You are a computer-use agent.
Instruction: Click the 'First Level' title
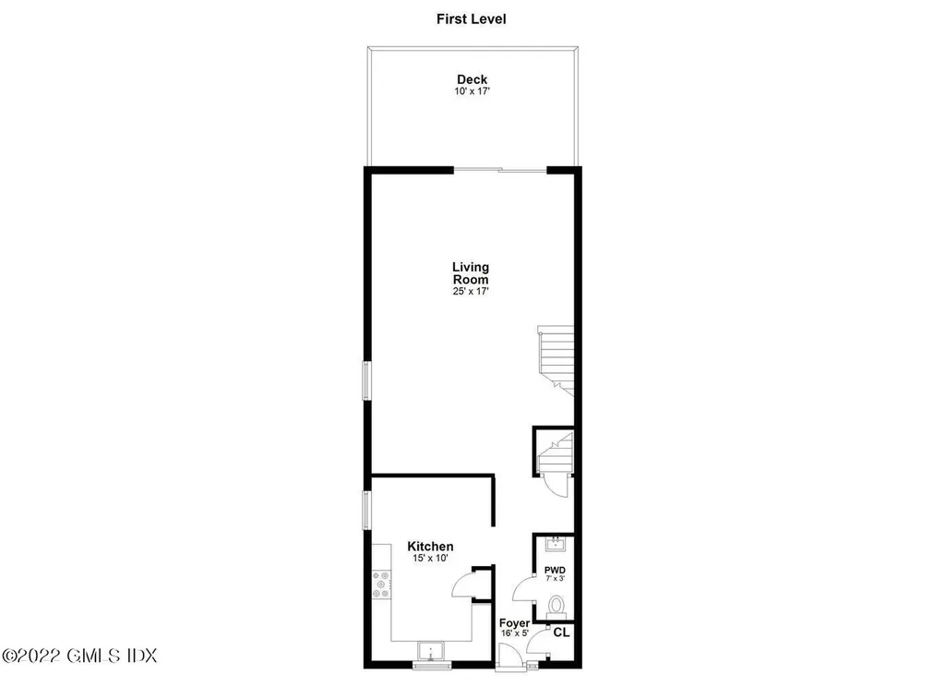[x=472, y=18]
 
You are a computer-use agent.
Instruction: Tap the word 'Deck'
[x=472, y=79]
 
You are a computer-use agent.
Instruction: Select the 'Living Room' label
[x=471, y=273]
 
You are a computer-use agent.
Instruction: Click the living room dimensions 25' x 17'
[x=471, y=291]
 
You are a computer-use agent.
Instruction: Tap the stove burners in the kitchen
[x=379, y=585]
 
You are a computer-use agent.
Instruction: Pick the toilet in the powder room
[x=556, y=607]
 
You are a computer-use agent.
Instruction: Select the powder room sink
[x=555, y=544]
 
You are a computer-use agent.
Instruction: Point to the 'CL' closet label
[x=560, y=633]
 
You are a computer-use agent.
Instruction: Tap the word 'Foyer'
[x=514, y=624]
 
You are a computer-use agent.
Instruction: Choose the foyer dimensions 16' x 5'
[x=514, y=635]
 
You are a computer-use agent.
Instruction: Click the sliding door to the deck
[x=499, y=169]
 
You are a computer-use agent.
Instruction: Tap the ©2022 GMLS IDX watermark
[x=78, y=656]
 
